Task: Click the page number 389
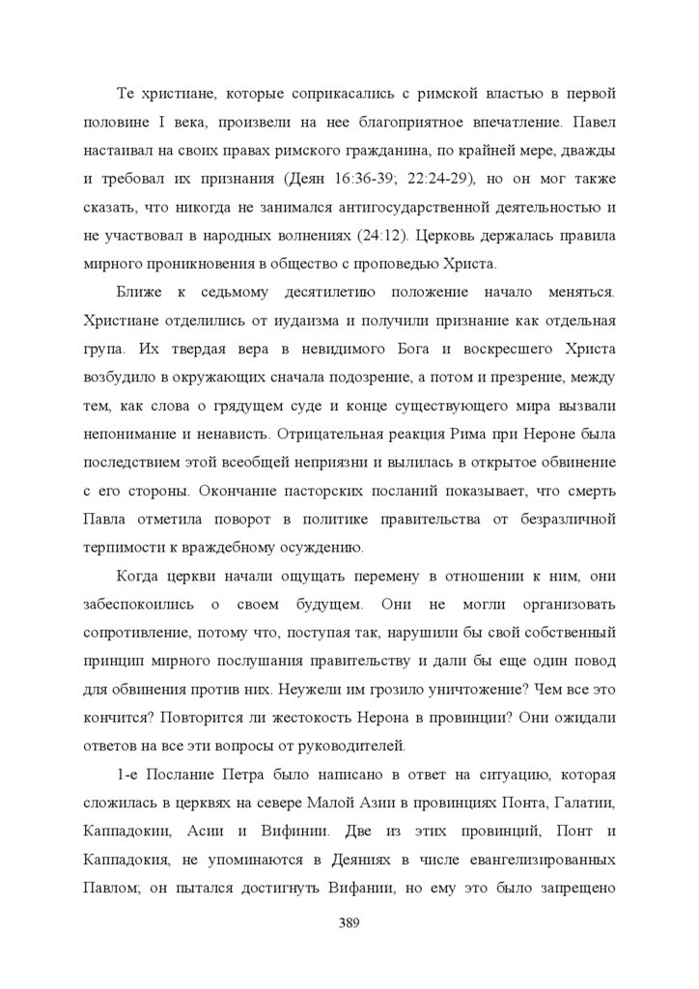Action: (349, 920)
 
